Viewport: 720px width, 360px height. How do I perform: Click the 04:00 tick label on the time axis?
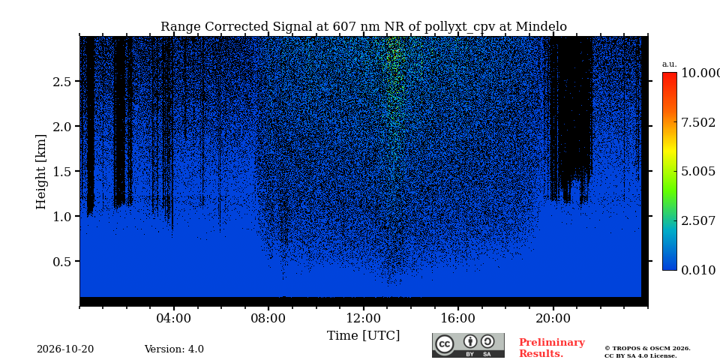[173, 318]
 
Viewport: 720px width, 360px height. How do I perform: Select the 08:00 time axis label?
[268, 318]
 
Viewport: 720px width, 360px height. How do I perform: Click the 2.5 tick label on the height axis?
[62, 81]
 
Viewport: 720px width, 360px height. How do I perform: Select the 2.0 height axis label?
[62, 126]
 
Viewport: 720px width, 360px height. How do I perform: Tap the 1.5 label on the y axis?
[62, 171]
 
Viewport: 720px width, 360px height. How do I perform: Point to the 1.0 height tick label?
[62, 216]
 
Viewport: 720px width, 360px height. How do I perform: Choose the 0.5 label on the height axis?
[62, 261]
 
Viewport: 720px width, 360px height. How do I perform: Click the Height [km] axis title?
[41, 172]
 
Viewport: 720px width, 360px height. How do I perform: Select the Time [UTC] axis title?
[363, 336]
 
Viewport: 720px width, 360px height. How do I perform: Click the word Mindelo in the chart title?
[541, 27]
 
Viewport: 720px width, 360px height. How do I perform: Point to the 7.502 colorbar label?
[698, 122]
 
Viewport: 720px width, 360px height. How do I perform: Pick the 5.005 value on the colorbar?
[698, 172]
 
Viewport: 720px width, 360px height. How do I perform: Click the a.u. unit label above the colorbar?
[670, 64]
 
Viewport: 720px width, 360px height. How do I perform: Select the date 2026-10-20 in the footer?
[65, 349]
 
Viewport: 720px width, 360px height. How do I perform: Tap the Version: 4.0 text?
[174, 349]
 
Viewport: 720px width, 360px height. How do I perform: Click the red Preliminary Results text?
[552, 348]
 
